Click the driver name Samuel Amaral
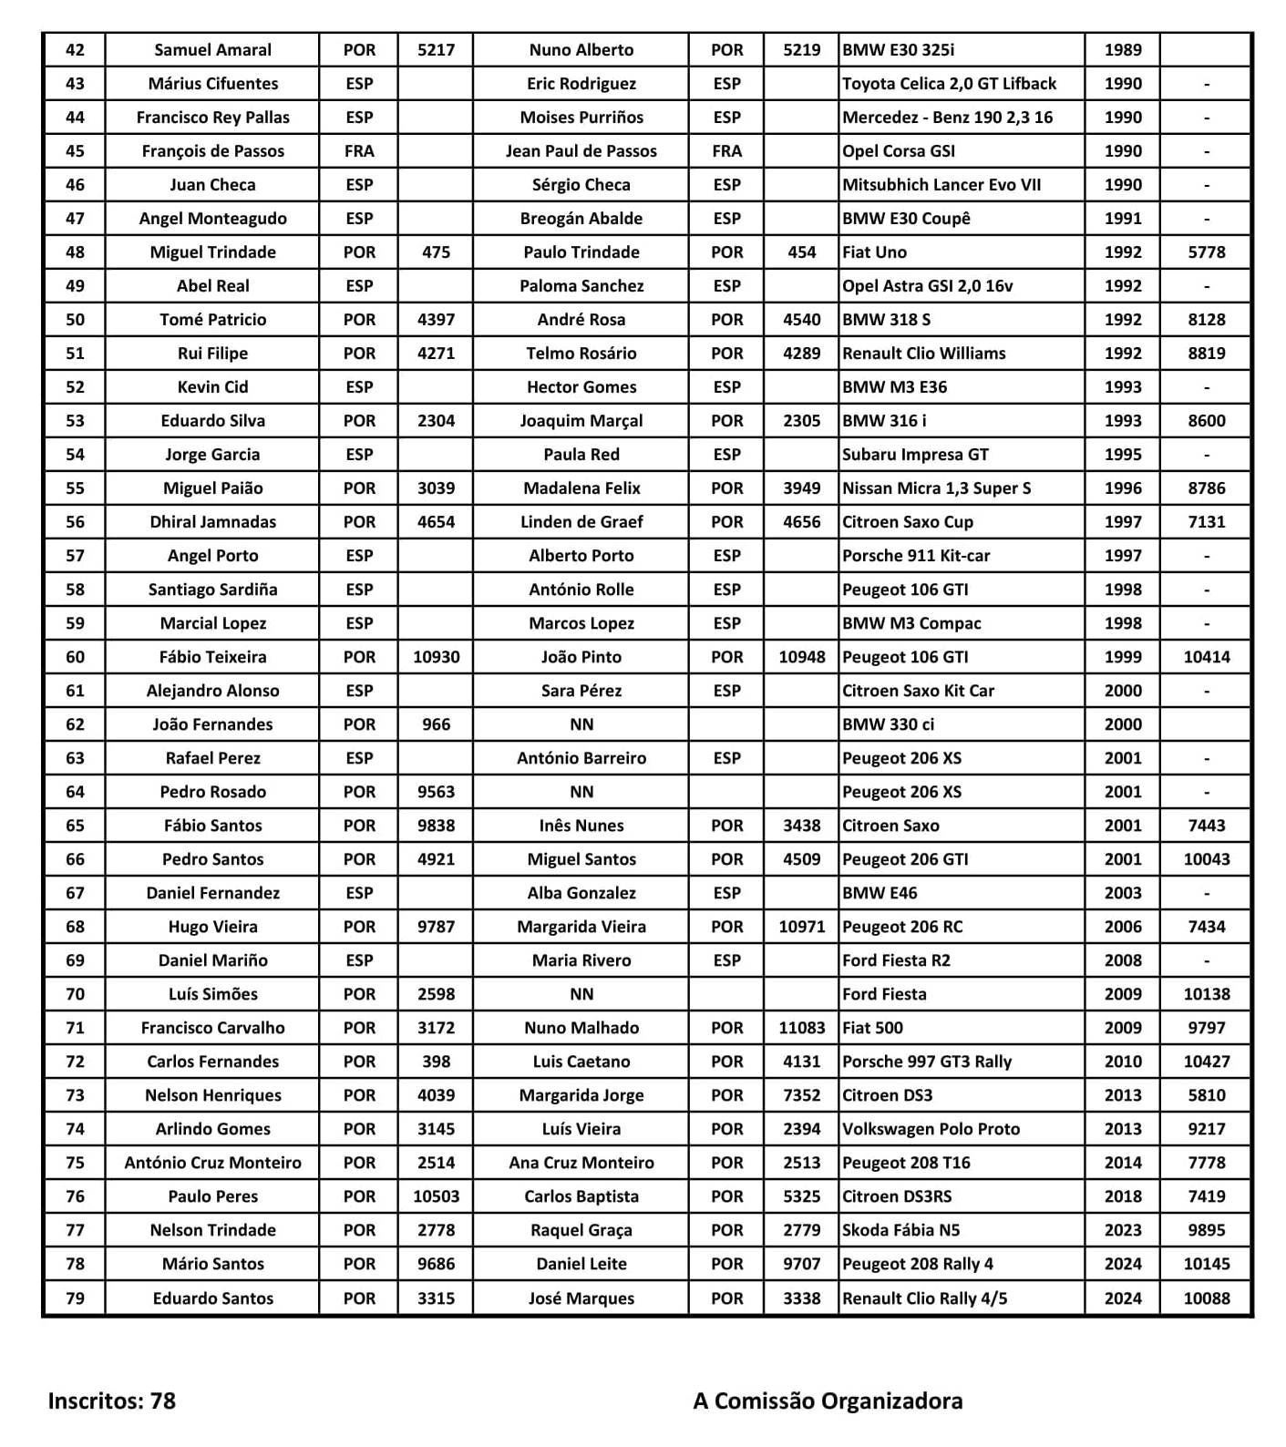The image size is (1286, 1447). (212, 50)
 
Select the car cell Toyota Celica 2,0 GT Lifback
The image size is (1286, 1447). (949, 84)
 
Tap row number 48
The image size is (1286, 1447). (75, 252)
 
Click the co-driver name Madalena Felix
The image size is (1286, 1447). (581, 488)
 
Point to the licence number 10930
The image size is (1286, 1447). (436, 657)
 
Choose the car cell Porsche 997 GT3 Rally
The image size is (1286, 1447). (927, 1062)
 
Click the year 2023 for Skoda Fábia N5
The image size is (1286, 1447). (1122, 1230)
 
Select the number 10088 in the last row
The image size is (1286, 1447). (1206, 1298)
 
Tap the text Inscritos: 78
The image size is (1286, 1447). (111, 1401)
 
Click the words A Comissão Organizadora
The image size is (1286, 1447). (828, 1401)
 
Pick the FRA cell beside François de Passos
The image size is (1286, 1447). (359, 151)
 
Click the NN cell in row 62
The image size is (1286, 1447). (581, 724)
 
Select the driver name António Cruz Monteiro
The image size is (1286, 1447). (212, 1163)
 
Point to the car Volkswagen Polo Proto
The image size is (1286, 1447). (931, 1129)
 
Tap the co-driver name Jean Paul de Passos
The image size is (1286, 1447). (581, 151)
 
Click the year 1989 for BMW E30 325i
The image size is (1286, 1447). (1122, 50)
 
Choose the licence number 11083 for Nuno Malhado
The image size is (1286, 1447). (801, 1028)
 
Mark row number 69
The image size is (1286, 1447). (75, 960)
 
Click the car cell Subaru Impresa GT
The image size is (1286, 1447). (915, 455)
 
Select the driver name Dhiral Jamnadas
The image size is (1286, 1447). (212, 522)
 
